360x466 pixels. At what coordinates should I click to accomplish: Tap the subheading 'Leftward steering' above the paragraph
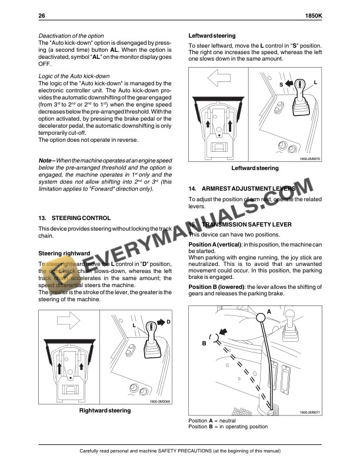[212, 36]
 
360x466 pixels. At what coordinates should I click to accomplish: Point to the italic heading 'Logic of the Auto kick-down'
[74, 76]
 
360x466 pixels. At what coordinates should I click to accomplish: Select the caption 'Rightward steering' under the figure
[105, 410]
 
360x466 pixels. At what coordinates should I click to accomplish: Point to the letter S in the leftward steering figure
[281, 85]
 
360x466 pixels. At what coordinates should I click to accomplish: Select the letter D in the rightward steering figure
[168, 322]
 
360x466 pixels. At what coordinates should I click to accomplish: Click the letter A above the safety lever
[269, 311]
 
